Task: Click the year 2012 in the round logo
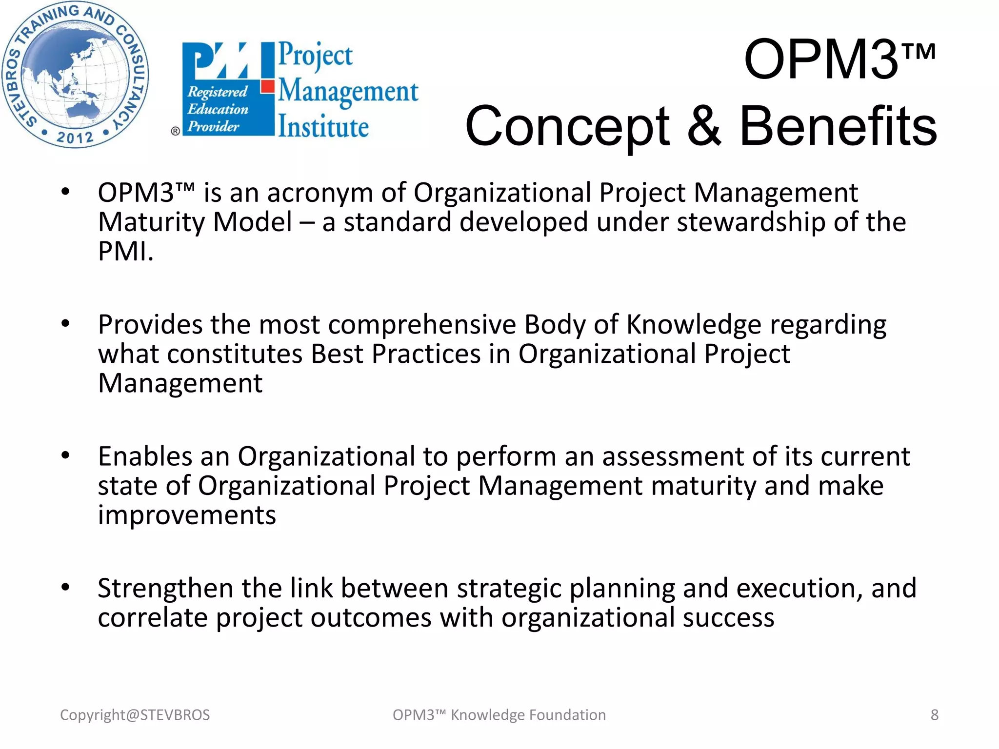click(x=75, y=138)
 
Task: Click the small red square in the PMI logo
click(x=267, y=87)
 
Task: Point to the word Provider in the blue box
click(x=213, y=127)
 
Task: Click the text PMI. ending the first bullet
click(x=125, y=252)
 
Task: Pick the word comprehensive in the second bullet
click(x=422, y=325)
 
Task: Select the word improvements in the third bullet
click(x=187, y=515)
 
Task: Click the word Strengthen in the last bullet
click(x=165, y=589)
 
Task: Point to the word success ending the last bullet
click(x=728, y=618)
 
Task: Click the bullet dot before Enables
click(x=65, y=456)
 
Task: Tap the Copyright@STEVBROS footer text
click(x=135, y=715)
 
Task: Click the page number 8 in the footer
click(x=934, y=715)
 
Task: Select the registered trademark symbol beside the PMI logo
click(x=175, y=131)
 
